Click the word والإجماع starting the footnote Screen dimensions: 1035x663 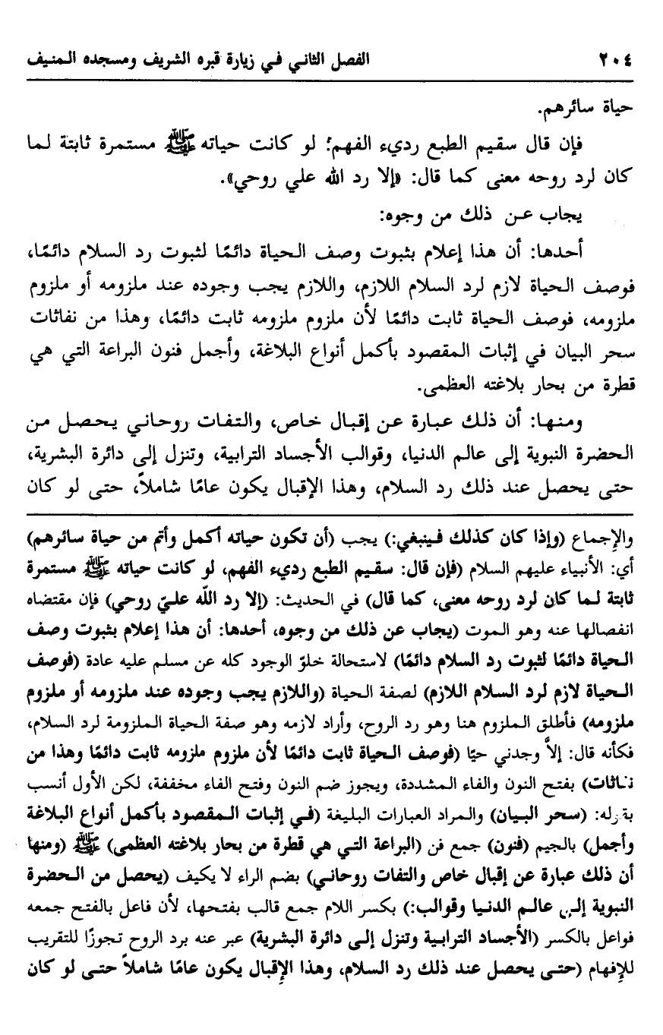click(613, 541)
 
